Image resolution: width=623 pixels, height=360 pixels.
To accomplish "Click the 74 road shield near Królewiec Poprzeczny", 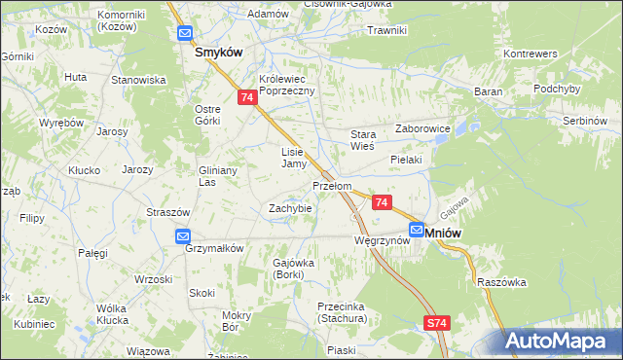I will coord(247,98).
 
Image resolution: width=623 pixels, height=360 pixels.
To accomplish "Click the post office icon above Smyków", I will coord(185,34).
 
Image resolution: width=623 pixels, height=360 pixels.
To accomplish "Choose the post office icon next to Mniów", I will coord(417,231).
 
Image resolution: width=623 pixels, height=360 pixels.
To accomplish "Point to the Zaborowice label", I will coord(421,127).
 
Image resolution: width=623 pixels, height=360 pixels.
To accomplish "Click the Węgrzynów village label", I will coord(381,240).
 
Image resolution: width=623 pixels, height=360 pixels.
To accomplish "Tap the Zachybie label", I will coord(290,208).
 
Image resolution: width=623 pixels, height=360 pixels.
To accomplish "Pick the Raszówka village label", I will coord(502,282).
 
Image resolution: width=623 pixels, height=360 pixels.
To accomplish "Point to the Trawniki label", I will coord(386,30).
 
